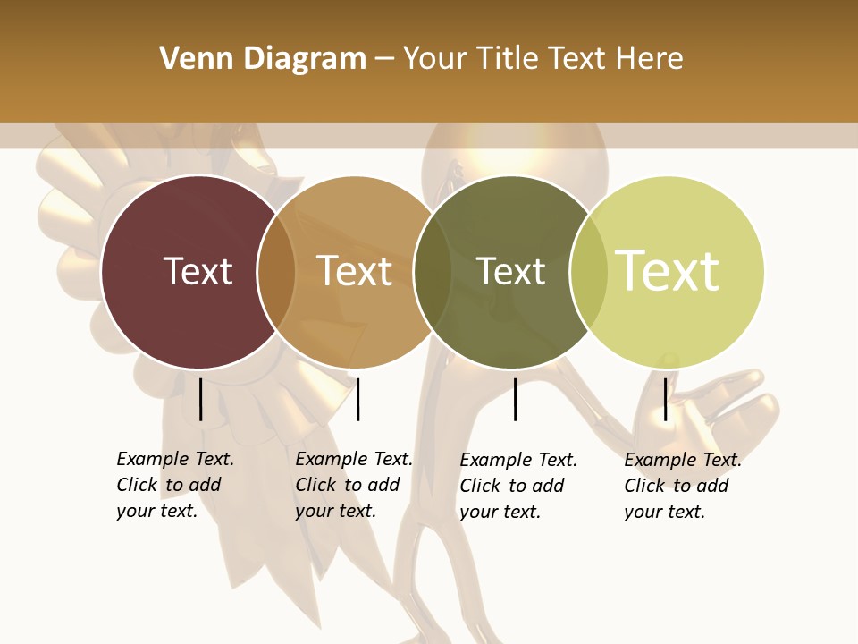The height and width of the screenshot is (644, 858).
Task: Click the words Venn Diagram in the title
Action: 263,59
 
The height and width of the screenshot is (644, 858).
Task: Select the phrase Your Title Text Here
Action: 543,59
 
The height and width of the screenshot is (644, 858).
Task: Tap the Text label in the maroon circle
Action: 198,271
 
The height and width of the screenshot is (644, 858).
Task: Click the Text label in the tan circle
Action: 355,271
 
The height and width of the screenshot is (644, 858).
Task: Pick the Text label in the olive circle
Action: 510,271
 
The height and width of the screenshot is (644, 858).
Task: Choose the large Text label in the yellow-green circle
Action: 668,270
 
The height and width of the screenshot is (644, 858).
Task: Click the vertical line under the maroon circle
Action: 200,399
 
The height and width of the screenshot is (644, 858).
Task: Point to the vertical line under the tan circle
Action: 357,399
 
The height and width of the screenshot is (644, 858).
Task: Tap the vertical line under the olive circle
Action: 515,399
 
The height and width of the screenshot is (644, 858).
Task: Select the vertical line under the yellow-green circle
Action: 665,399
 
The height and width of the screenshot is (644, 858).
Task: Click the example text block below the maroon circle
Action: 174,485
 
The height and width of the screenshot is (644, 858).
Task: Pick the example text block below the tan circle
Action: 353,485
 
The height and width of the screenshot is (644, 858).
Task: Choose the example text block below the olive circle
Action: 518,486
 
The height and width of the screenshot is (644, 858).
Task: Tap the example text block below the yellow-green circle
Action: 683,486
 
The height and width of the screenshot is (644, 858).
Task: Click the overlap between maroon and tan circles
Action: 277,271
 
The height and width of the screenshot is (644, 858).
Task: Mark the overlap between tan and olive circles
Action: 433,271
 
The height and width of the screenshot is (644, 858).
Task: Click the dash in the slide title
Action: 384,59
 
